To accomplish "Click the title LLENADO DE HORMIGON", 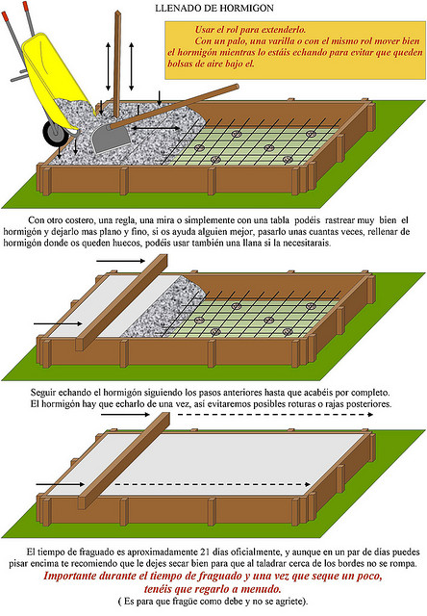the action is click(214, 9).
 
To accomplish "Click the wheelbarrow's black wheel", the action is click(55, 134).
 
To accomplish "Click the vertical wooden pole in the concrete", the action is click(117, 64).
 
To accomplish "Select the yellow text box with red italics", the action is click(294, 50).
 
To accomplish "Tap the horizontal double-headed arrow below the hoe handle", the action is click(156, 128).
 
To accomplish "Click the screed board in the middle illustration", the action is click(122, 301).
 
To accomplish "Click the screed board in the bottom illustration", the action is click(124, 460).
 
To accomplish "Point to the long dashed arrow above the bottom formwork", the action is click(275, 414).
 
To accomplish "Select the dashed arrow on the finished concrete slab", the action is click(213, 484).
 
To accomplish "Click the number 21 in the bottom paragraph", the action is click(204, 552).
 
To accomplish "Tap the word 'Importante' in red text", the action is click(70, 576).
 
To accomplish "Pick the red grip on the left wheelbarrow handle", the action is click(5, 17).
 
